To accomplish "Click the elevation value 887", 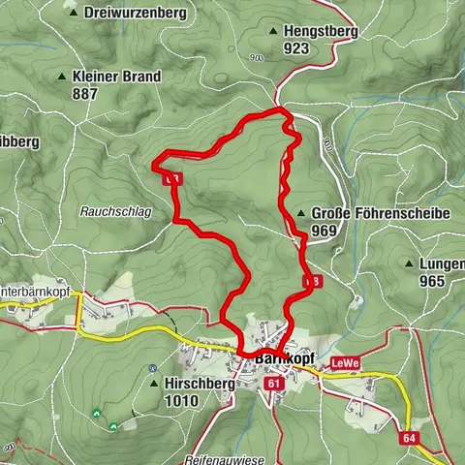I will pos(85,94).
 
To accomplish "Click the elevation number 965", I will pos(432,281).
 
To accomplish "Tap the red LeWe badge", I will pos(345,363).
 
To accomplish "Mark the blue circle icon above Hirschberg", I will pos(154,368).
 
